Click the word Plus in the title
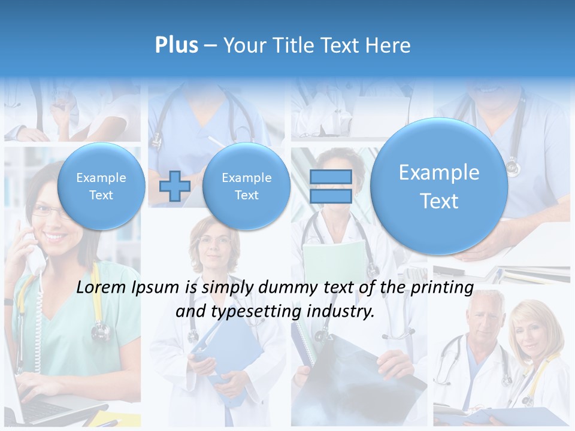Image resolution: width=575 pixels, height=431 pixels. (x=176, y=45)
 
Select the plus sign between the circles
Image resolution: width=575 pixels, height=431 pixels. (x=174, y=186)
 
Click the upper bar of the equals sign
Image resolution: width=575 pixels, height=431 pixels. (x=331, y=177)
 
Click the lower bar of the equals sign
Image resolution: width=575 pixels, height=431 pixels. (x=331, y=196)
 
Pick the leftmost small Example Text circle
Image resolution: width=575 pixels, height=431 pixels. (x=101, y=186)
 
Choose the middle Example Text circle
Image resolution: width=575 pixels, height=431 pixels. (x=246, y=186)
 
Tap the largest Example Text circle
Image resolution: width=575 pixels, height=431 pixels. (x=439, y=186)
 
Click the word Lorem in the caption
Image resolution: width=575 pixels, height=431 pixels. (x=100, y=288)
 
